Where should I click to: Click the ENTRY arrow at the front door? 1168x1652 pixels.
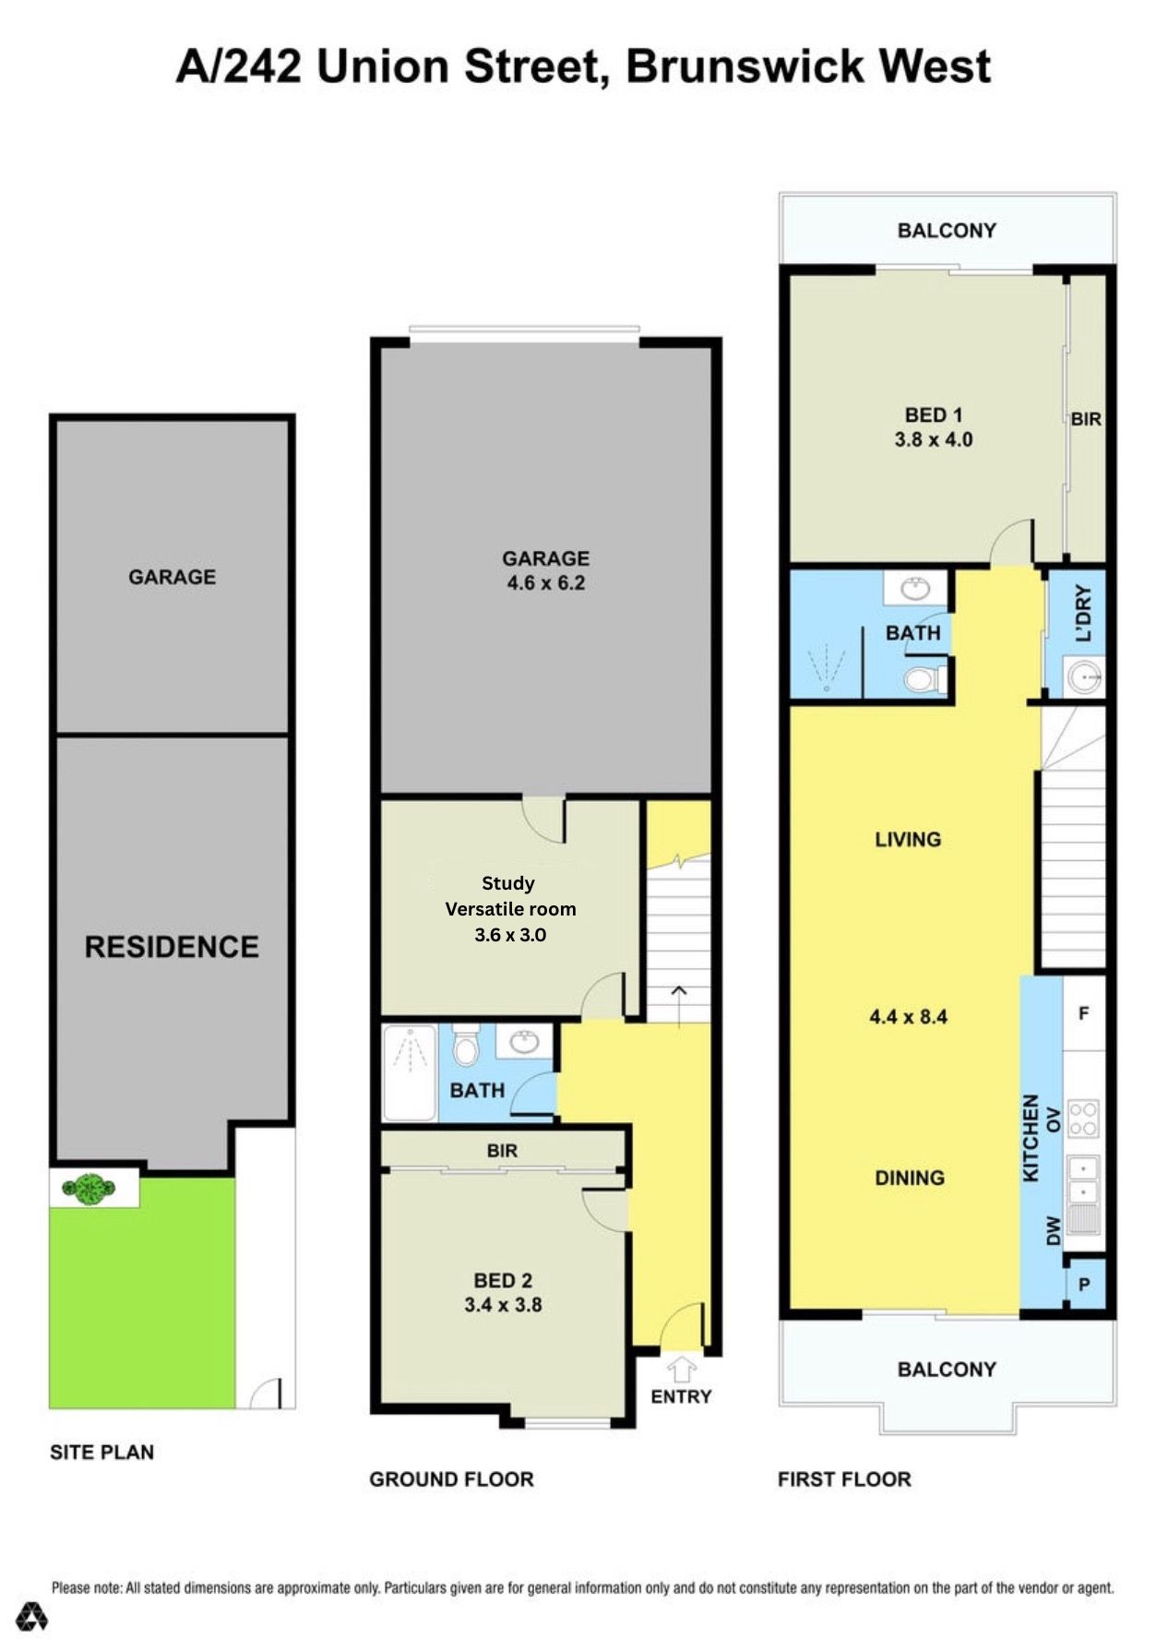(681, 1366)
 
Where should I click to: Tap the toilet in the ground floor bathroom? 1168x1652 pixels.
(464, 1047)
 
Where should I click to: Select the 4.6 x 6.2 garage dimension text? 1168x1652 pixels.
(545, 583)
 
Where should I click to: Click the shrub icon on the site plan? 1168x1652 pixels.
(88, 1189)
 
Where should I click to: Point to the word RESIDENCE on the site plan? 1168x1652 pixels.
(172, 947)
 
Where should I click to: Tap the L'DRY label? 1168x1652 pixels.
(1083, 613)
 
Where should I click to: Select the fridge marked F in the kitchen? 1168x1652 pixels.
(1083, 1013)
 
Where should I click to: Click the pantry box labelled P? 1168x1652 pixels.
(1084, 1285)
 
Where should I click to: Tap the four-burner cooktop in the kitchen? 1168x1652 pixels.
(1083, 1118)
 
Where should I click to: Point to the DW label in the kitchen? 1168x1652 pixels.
(1054, 1231)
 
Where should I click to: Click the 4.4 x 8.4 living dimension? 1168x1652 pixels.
(908, 1017)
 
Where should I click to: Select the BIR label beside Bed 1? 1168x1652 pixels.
(1086, 419)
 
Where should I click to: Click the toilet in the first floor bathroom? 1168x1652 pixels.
(920, 680)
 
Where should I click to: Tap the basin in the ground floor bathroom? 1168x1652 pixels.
(524, 1043)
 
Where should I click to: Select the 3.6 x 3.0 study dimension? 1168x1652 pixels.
(510, 935)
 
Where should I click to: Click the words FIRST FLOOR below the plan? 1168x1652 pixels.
(844, 1479)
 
